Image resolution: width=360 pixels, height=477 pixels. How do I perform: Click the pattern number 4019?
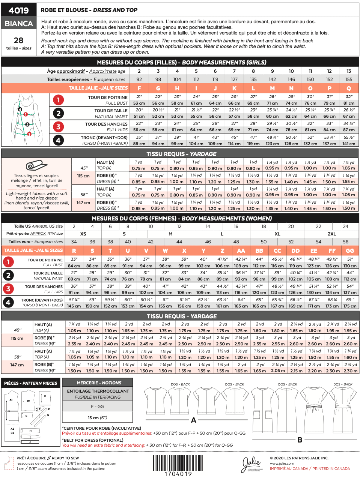pos(19,10)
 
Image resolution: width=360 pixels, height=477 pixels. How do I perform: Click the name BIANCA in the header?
pos(19,24)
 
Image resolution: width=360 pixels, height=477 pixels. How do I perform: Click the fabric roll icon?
pos(36,165)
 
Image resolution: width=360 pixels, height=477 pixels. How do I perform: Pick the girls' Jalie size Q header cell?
pos(349,88)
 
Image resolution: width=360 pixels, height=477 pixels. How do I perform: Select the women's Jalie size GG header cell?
pos(350,250)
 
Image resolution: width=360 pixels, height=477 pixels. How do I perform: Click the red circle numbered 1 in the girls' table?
pos(58,100)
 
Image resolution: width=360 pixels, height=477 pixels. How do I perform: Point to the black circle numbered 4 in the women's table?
pos(8,302)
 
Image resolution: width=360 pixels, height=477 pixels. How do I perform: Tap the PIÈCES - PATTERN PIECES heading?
pos(31,383)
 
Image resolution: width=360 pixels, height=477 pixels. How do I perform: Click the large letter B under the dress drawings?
pos(300,440)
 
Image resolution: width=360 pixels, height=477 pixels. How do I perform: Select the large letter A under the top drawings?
pos(194,420)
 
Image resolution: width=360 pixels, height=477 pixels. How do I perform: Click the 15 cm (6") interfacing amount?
pos(97,418)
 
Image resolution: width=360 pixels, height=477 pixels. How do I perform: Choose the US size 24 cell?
pos(345,226)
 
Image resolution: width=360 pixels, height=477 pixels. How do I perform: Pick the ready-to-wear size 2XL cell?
pos(332,234)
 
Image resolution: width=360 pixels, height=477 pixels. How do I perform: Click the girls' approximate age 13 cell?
pos(349,71)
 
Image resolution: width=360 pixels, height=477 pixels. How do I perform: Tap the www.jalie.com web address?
pos(282,463)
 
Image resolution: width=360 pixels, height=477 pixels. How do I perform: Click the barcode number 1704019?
pos(178,474)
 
